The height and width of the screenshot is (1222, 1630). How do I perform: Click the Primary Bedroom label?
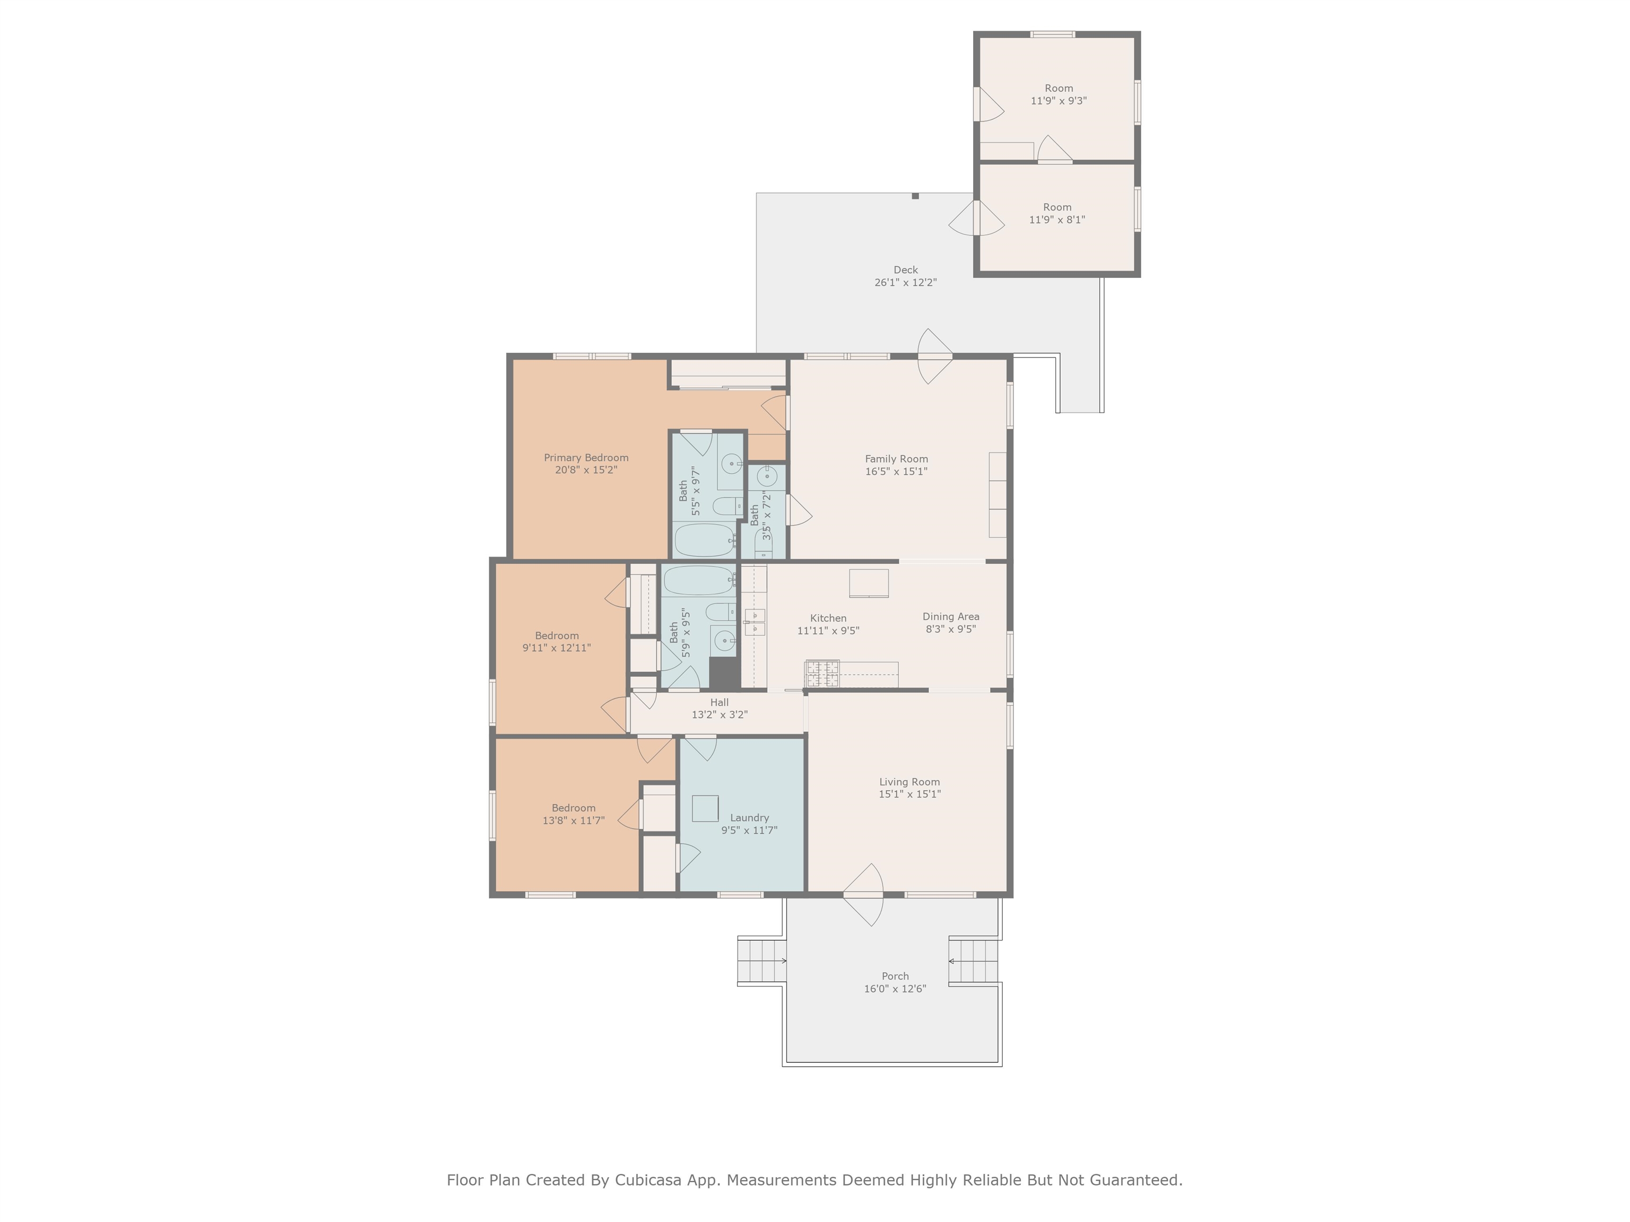pos(586,457)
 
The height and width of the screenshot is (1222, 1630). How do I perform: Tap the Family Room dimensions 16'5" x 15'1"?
pos(896,472)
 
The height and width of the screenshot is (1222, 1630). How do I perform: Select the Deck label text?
pos(906,269)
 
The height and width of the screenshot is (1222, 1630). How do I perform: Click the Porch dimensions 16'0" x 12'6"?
pos(895,989)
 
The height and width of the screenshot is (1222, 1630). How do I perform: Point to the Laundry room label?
pos(749,818)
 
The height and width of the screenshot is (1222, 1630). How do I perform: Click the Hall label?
pos(719,702)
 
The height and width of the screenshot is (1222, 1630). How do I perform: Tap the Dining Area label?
pos(951,616)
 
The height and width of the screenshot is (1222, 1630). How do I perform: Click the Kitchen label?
pos(828,618)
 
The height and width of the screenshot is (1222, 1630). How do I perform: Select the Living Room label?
pos(909,782)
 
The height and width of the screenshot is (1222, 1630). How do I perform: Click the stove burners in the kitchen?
pos(821,673)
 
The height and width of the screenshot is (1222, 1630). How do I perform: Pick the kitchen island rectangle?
pos(869,583)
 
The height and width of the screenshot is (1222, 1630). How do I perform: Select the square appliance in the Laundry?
pos(705,808)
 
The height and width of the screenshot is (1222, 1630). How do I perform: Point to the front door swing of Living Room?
pos(864,894)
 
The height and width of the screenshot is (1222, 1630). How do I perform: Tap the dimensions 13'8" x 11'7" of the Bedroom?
pos(573,821)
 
